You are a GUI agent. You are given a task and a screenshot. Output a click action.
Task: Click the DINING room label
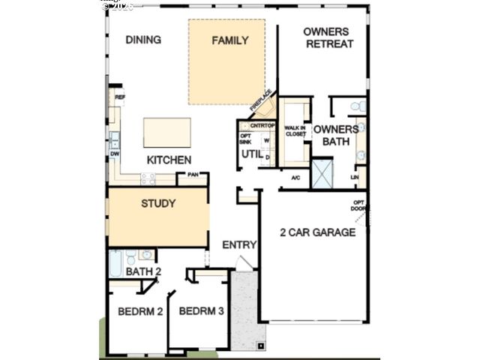coord(143,40)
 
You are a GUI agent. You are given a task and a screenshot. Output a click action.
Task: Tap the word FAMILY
coord(229,40)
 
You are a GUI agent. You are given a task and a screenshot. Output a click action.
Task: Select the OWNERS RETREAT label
coord(328,37)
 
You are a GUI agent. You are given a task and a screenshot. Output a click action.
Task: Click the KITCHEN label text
coord(168,160)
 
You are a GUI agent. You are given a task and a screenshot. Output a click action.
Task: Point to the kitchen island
coord(166,133)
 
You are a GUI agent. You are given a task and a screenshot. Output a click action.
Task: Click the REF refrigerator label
coord(118,97)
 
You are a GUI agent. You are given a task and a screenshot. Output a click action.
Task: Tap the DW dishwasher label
coord(115,154)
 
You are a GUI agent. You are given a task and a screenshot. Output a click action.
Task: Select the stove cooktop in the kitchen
coord(148,178)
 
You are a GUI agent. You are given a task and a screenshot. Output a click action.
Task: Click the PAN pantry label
coord(193,175)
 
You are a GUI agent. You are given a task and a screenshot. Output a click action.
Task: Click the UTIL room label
coord(249,154)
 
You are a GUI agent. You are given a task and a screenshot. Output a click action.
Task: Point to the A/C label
coord(295,177)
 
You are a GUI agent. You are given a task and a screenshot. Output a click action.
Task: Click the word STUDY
coord(158,203)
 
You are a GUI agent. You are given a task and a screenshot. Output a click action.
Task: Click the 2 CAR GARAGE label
coord(317,232)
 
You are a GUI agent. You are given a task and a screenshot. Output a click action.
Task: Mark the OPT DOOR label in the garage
coord(361,205)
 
